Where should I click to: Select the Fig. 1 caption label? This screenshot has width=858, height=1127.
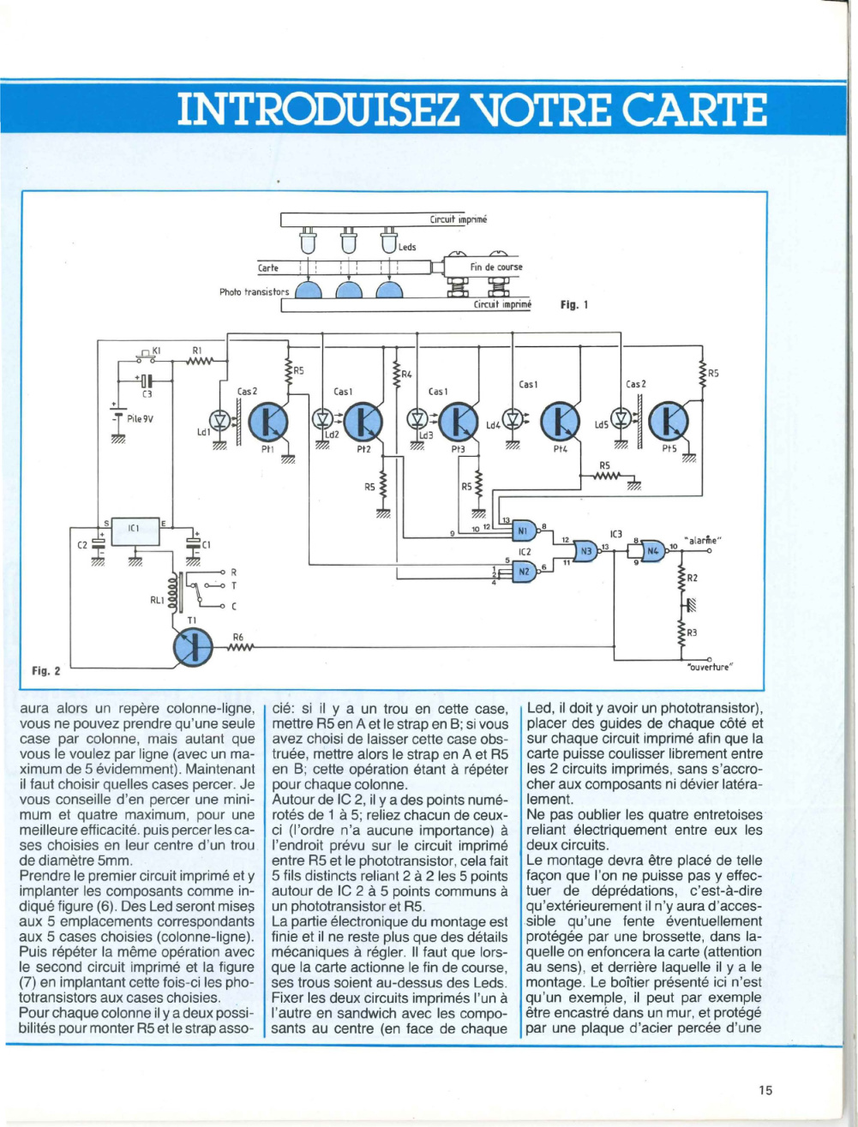pos(573,305)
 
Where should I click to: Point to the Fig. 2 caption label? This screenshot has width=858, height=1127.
pos(46,670)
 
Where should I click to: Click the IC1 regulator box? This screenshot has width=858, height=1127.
pos(135,531)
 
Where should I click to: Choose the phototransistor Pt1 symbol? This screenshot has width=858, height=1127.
pos(268,422)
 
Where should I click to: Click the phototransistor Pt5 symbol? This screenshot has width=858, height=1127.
pos(668,422)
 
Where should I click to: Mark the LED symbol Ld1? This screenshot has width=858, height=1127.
pos(221,421)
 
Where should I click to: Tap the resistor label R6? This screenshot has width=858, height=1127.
pos(237,637)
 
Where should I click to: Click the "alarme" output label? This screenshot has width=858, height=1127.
pos(704,540)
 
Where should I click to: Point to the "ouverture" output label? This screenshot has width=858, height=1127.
pos(709,668)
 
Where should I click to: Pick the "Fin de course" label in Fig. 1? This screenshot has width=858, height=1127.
pos(496,267)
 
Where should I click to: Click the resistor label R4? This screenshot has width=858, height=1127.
pos(406,375)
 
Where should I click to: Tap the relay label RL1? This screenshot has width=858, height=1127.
pos(157,597)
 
